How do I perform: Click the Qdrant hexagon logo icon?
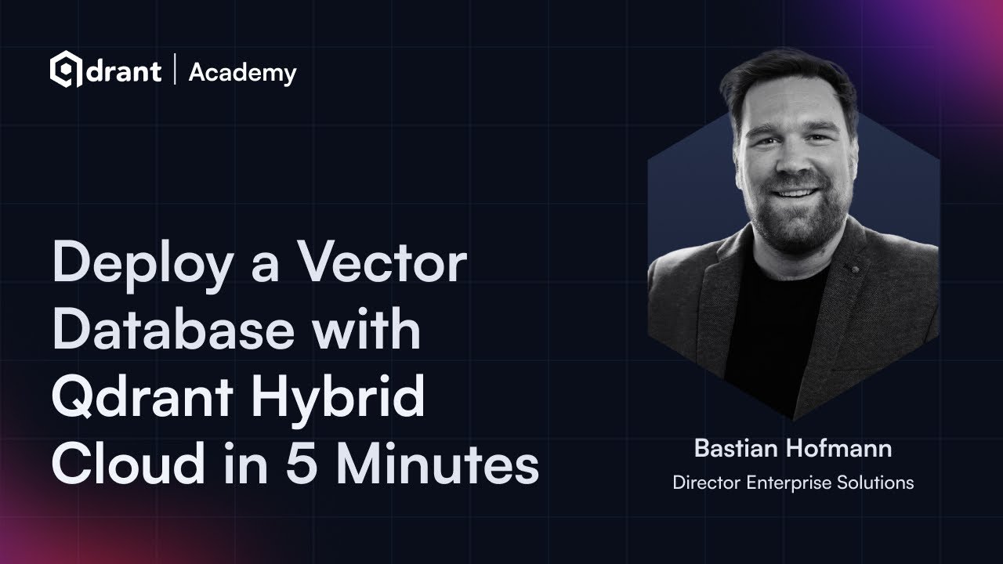(x=66, y=70)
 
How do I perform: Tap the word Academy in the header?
(x=242, y=73)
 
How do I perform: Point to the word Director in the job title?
(x=707, y=483)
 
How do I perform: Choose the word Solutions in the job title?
(x=876, y=483)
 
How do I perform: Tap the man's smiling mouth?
(x=796, y=192)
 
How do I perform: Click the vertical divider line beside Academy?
(x=175, y=71)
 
